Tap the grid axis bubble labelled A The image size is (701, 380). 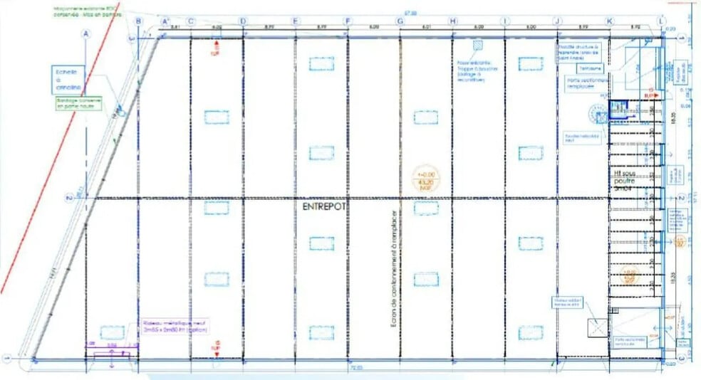[87, 33]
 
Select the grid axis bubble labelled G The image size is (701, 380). [400, 21]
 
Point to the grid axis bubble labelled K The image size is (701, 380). [609, 21]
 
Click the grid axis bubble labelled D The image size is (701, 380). [243, 21]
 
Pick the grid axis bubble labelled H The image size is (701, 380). [452, 21]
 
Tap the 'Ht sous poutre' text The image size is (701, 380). [623, 181]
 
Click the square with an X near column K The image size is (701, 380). [596, 327]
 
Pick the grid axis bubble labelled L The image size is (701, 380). [662, 21]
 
